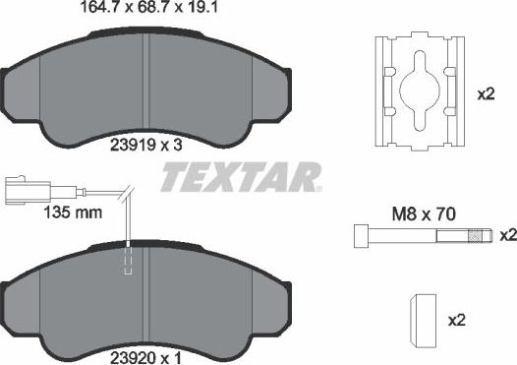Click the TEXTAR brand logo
click(x=239, y=178)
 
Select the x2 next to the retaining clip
click(x=486, y=94)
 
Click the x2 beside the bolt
click(x=507, y=236)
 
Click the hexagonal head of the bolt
click(x=359, y=236)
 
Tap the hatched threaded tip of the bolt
click(x=479, y=236)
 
